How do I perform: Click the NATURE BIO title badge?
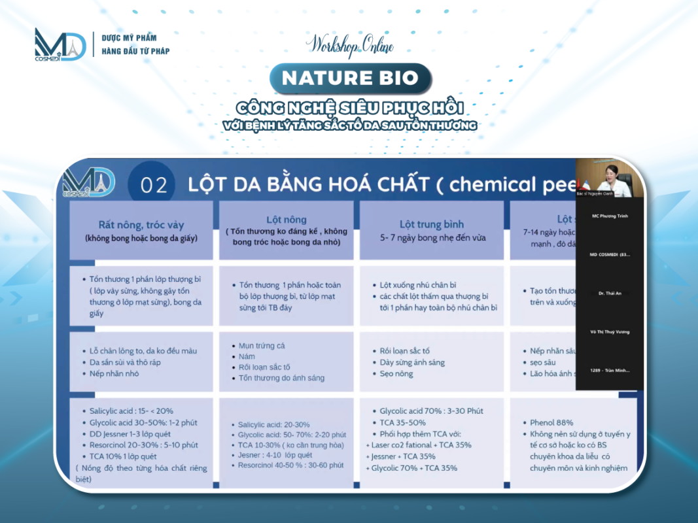pos(350,78)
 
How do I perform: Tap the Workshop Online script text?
pos(350,44)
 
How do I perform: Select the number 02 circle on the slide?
pos(154,185)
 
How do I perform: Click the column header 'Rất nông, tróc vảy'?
pos(141,225)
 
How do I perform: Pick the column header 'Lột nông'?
pos(287,220)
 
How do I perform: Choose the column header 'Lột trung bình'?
pos(432,225)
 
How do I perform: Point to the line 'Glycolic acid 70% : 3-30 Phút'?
pos(431,411)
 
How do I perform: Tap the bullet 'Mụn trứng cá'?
pos(262,345)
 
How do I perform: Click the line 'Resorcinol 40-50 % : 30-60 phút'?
pos(290,465)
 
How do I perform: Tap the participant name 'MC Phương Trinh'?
pos(610,216)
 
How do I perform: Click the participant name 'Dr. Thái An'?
pos(610,293)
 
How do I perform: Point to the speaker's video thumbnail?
pos(610,178)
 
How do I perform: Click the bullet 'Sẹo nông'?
pos(396,373)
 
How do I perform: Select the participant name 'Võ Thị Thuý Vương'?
pos(610,331)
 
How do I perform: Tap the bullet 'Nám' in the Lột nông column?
pos(247,356)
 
